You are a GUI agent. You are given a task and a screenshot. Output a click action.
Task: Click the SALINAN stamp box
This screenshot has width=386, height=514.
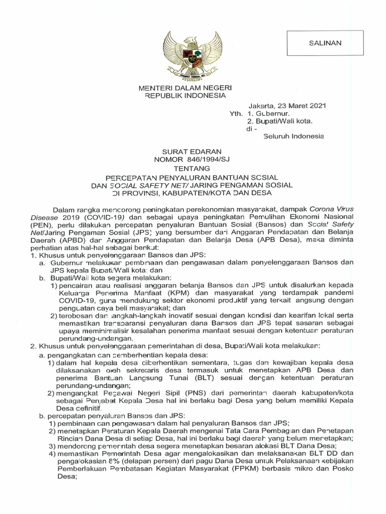(325, 43)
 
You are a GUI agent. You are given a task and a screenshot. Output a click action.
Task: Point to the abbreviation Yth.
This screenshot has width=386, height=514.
(236, 114)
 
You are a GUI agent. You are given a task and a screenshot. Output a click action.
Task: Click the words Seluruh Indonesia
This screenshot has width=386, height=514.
(294, 136)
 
